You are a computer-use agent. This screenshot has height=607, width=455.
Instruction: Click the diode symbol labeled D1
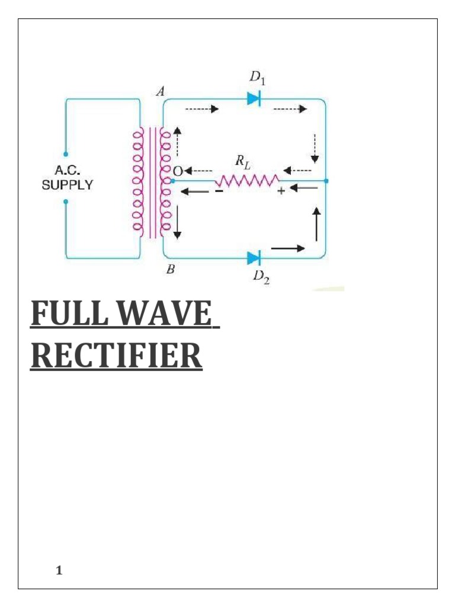pos(254,99)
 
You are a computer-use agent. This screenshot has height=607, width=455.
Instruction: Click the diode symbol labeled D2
pos(254,258)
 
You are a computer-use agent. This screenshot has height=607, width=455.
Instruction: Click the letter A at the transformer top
pos(159,90)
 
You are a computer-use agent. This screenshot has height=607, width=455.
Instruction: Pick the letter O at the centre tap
pos(176,171)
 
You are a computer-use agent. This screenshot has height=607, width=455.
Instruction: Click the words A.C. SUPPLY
pos(66,178)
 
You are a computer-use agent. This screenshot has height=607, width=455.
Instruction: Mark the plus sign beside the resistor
pos(281,191)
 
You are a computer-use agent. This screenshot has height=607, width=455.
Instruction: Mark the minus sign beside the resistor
pos(218,191)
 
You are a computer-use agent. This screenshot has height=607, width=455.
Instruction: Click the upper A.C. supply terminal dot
pos(66,154)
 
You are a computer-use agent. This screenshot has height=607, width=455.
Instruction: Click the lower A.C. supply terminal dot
pos(66,202)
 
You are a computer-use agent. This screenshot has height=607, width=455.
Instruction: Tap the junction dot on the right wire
pos(326,180)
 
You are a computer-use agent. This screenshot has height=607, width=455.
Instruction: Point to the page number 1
pos(59,570)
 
